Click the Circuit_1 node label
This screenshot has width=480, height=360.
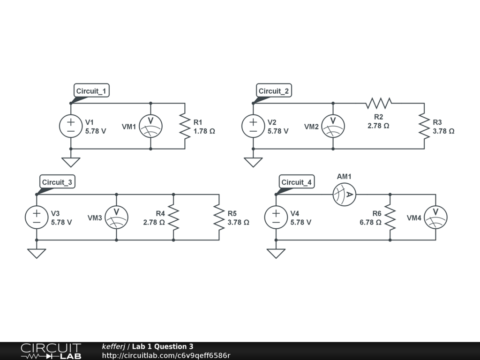(92, 91)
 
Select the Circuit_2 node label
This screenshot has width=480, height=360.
(274, 91)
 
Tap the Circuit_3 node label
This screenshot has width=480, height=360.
(58, 182)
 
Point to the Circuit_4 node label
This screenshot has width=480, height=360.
(297, 182)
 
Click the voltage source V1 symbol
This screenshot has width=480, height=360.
(71, 126)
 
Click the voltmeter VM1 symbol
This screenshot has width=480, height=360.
(150, 126)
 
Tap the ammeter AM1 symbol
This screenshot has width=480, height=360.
(345, 194)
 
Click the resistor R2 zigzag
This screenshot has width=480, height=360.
(379, 103)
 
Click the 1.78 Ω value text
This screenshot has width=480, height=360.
(204, 131)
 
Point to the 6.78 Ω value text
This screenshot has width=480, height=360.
(370, 222)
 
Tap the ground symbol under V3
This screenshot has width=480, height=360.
(37, 253)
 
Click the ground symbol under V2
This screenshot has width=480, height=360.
(253, 162)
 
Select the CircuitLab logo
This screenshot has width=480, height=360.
(51, 351)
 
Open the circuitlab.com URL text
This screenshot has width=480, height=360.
(166, 355)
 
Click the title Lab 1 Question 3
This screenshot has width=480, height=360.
(162, 346)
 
